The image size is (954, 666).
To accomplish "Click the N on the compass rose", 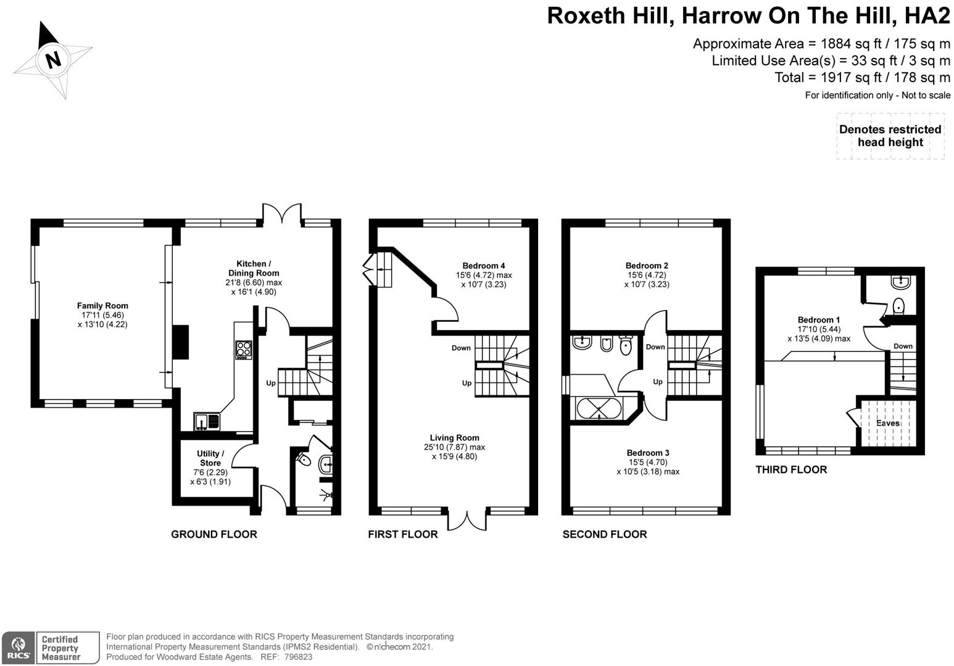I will [54, 60].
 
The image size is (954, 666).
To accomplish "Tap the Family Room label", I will [102, 305].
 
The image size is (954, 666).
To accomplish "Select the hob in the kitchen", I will [244, 350].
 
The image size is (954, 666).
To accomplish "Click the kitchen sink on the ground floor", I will [206, 421].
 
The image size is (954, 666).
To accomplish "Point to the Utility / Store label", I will [210, 458].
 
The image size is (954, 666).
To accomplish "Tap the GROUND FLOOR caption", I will [214, 534].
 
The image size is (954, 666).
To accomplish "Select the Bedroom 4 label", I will [484, 266].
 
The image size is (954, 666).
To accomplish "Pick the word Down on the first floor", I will [461, 348].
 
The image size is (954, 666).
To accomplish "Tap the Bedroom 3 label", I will [648, 453].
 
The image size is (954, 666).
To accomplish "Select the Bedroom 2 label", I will [647, 266].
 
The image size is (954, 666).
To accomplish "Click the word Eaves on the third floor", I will [888, 423].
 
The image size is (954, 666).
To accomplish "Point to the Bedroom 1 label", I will [819, 319].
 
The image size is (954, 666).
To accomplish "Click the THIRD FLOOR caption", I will [791, 469].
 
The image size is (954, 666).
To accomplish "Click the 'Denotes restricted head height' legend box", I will [890, 136].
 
